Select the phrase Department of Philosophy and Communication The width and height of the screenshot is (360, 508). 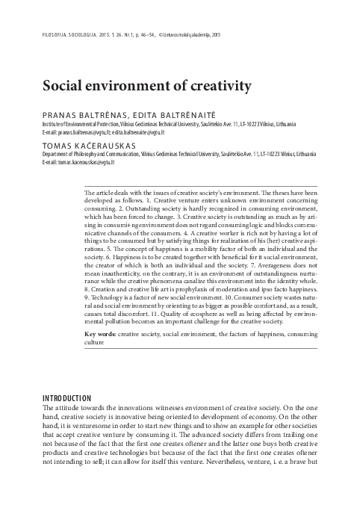tap(83, 151)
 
